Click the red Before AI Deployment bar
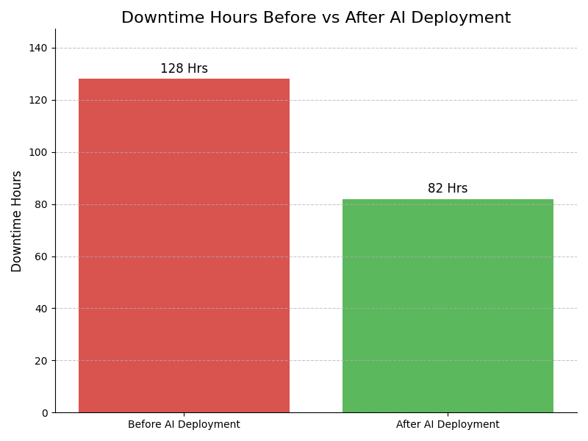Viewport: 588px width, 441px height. coord(184,245)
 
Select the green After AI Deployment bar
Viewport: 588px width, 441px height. coord(448,306)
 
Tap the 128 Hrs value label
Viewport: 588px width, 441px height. coord(184,69)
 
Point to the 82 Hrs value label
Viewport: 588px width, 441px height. coord(448,189)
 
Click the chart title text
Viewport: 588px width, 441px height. coord(316,18)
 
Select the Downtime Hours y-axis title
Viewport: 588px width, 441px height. coord(17,221)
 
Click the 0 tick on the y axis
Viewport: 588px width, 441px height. coord(44,413)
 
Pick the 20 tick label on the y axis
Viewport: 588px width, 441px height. coord(42,361)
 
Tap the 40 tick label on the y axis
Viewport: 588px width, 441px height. coord(42,309)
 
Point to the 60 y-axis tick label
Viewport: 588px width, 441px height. coord(42,257)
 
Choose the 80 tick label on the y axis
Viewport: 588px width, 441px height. coord(42,204)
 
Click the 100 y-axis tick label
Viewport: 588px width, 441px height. coord(39,152)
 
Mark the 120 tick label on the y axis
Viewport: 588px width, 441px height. coord(39,100)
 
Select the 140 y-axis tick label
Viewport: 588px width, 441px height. coord(39,48)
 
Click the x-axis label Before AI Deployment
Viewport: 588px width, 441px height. coord(184,425)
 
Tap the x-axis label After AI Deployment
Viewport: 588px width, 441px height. coord(448,425)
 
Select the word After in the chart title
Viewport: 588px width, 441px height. coord(350,18)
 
